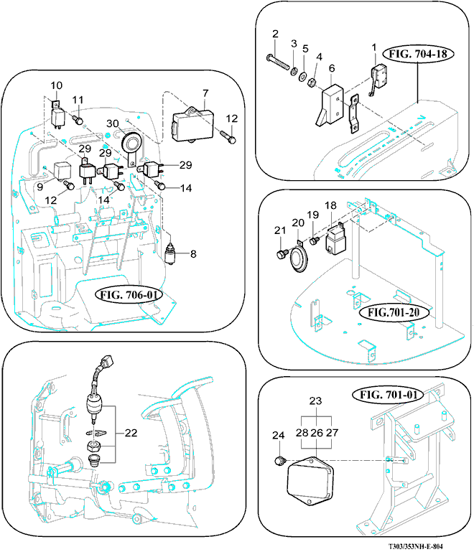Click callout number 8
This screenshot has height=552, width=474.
[191, 253]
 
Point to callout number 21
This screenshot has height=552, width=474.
[279, 230]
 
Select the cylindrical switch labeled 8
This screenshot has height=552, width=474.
[170, 254]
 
